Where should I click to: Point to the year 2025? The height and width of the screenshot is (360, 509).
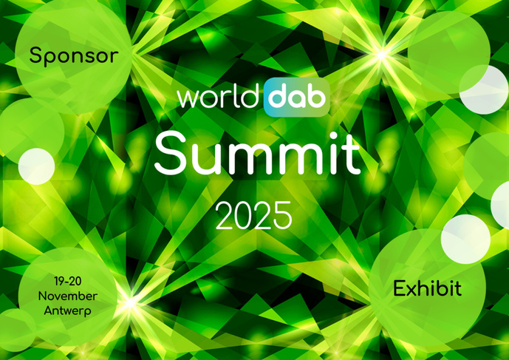253,216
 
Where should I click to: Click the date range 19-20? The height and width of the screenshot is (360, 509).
67,282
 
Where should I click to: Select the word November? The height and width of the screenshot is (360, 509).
67,296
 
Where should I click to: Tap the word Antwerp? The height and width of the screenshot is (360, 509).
67,310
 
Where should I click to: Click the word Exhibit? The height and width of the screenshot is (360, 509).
427,288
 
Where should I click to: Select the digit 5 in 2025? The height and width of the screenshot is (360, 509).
281,216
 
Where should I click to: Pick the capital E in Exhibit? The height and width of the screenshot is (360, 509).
400,288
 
